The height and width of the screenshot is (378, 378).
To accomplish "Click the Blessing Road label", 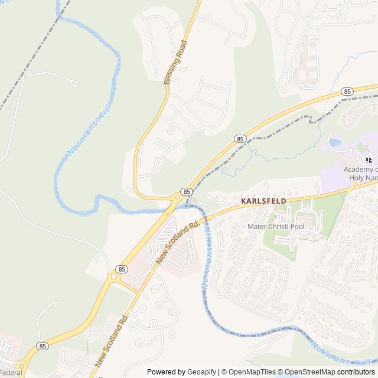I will [175, 62].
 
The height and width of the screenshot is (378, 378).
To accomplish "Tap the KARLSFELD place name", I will [264, 201].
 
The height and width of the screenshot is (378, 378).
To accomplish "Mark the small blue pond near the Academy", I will [334, 142].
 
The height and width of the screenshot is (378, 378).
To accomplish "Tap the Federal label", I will [10, 373].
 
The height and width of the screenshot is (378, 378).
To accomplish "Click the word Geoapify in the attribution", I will [201, 372].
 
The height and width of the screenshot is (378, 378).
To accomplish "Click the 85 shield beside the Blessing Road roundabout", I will [187, 191].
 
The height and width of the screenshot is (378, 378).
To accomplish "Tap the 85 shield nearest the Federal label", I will [42, 345].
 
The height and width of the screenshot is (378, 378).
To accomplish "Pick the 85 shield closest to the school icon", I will [347, 92].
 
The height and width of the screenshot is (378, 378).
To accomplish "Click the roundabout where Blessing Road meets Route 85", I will [177, 197].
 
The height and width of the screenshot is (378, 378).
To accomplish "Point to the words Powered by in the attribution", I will [165, 372].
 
